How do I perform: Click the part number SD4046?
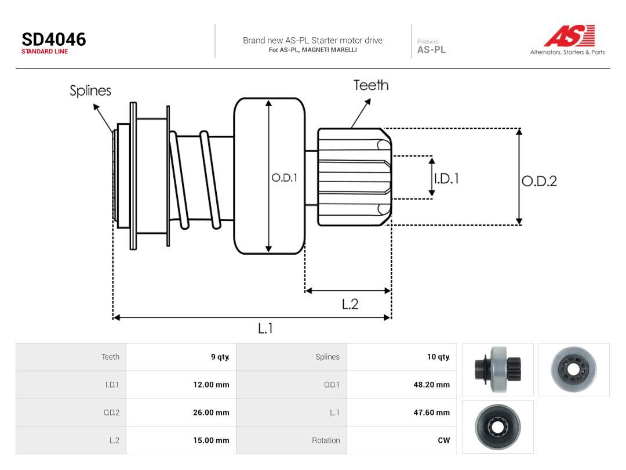[x=53, y=39]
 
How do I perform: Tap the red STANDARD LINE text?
[x=45, y=52]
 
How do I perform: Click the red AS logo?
[x=570, y=35]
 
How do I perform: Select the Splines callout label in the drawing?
[x=90, y=91]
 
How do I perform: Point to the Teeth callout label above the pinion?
[x=371, y=85]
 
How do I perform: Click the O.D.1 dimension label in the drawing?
[x=284, y=178]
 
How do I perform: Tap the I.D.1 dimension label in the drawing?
[x=446, y=178]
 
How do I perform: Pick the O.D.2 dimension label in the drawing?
[x=540, y=181]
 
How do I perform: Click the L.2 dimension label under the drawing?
[x=350, y=305]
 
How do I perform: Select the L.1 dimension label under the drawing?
[x=265, y=328]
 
